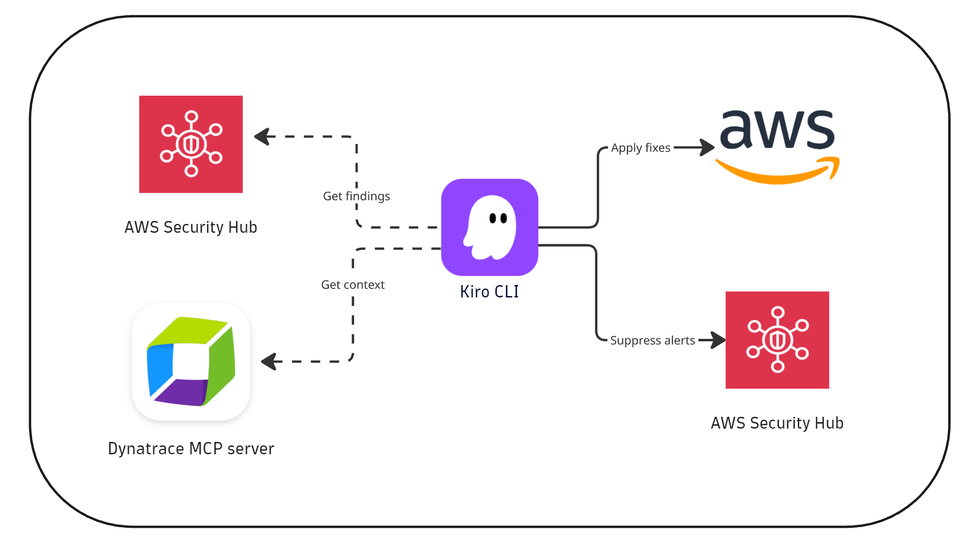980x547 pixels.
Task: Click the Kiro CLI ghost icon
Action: click(x=489, y=227)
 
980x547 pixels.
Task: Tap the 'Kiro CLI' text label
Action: click(x=489, y=292)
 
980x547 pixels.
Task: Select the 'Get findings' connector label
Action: click(x=356, y=196)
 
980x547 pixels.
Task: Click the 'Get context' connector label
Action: click(x=353, y=285)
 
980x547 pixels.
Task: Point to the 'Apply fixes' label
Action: click(x=640, y=147)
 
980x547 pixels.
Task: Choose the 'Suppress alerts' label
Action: click(x=652, y=340)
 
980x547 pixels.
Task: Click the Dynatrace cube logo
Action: click(x=191, y=362)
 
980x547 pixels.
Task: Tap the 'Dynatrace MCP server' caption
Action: click(x=191, y=448)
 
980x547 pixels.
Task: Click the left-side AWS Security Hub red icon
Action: click(x=191, y=144)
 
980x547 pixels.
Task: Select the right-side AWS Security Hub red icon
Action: click(x=777, y=340)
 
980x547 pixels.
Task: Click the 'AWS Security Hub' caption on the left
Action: click(x=191, y=227)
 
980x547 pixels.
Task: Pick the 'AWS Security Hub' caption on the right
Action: click(x=777, y=423)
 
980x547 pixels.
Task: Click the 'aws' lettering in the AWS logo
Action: click(x=777, y=129)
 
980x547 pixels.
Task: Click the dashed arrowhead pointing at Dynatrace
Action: click(x=269, y=362)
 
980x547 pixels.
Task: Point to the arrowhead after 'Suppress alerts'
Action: click(x=719, y=340)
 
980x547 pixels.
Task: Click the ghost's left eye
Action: click(x=492, y=218)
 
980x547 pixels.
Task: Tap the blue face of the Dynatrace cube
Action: click(x=159, y=370)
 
